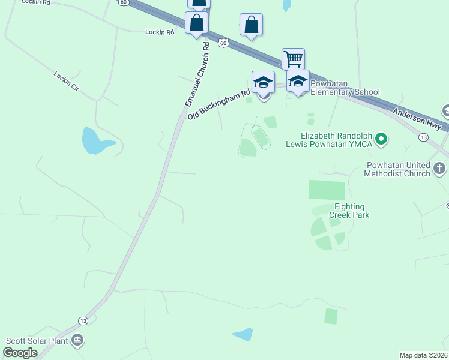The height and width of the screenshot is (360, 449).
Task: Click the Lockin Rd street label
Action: pos(160,32)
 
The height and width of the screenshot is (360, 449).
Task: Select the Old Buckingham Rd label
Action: pos(218,105)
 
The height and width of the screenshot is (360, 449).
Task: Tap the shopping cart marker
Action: pos(293,59)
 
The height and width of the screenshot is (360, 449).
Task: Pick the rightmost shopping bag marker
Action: pos(251,25)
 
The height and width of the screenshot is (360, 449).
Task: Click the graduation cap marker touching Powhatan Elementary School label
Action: pos(298,81)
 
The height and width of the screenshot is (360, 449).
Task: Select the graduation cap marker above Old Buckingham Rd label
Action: pos(263,82)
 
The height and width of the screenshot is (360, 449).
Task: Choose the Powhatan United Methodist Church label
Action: pos(397,169)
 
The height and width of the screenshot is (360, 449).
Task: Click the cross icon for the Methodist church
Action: pos(439,167)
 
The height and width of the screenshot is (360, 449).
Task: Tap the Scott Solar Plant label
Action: pos(37,341)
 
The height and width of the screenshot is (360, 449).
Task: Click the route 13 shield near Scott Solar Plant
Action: pos(83,321)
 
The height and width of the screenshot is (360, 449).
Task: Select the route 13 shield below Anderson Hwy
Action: pos(424,137)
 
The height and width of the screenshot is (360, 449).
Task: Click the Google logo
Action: pos(20,353)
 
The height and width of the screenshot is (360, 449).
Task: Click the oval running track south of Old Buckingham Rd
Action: pos(261,137)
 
